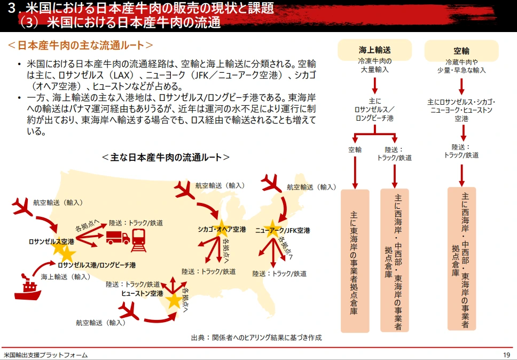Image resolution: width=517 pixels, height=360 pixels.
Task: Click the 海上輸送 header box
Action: point(375,51)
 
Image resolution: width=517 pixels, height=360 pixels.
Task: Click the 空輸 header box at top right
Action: point(461,51)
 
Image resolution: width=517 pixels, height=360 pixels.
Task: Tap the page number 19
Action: point(506,355)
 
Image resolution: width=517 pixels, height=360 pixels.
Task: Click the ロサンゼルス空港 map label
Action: point(51,241)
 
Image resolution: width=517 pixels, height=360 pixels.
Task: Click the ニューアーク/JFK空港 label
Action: point(283,231)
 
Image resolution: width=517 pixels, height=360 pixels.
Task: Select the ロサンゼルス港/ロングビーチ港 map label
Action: point(97,265)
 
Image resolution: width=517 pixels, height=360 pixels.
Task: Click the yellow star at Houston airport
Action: point(174,300)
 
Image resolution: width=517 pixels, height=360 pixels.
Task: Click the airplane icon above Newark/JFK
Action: point(272,185)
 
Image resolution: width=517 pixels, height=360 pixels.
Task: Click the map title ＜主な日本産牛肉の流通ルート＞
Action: point(166,158)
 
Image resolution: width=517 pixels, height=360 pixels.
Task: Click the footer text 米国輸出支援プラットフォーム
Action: point(45,355)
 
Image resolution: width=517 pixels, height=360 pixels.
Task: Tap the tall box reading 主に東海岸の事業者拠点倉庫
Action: point(354,261)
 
